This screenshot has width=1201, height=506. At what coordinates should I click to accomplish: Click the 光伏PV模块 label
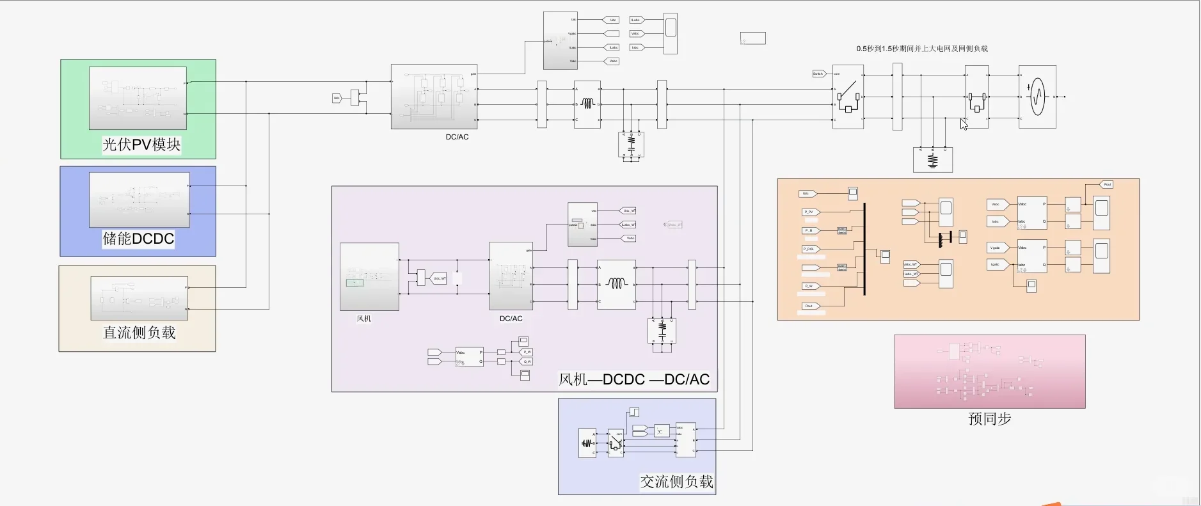pyautogui.click(x=141, y=145)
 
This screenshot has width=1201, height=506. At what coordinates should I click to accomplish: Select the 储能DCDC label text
pyautogui.click(x=138, y=239)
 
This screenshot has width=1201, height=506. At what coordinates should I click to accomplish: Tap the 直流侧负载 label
pyautogui.click(x=139, y=333)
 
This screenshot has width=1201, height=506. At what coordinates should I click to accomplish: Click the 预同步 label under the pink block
pyautogui.click(x=989, y=419)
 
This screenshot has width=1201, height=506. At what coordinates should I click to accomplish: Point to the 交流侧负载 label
pyautogui.click(x=676, y=482)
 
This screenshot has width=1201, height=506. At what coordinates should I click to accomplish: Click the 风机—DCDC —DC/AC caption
pyautogui.click(x=634, y=379)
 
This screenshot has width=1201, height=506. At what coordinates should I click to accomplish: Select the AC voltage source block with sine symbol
pyautogui.click(x=1037, y=97)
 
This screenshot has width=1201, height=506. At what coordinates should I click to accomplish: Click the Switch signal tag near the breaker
pyautogui.click(x=818, y=74)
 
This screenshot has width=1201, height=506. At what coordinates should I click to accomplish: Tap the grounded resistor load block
pyautogui.click(x=932, y=160)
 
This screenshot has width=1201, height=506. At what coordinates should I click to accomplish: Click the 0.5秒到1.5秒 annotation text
pyautogui.click(x=921, y=49)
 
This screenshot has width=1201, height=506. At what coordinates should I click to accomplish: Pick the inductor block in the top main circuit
pyautogui.click(x=587, y=104)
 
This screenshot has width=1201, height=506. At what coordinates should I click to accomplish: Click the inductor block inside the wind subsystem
pyautogui.click(x=616, y=283)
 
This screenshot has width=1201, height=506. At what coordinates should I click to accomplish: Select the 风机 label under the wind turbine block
pyautogui.click(x=364, y=319)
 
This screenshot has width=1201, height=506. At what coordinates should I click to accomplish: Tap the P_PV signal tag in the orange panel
pyautogui.click(x=809, y=212)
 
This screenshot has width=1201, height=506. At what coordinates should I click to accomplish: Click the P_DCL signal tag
pyautogui.click(x=809, y=249)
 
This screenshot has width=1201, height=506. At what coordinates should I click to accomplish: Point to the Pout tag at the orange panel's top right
pyautogui.click(x=1107, y=184)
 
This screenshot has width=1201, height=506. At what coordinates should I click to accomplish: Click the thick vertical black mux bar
pyautogui.click(x=864, y=249)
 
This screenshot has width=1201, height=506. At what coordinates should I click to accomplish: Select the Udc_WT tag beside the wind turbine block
pyautogui.click(x=439, y=278)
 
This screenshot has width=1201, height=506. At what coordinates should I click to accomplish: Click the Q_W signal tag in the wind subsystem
pyautogui.click(x=527, y=361)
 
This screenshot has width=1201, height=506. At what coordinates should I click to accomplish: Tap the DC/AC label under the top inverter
pyautogui.click(x=457, y=137)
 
